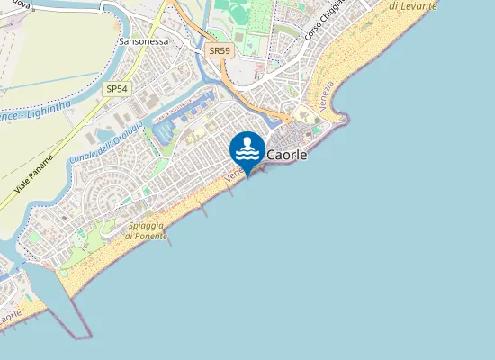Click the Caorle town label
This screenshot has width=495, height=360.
pyautogui.click(x=287, y=155)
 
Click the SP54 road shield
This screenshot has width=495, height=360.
pyautogui.click(x=116, y=88)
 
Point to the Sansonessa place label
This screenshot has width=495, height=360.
pyautogui.click(x=144, y=41)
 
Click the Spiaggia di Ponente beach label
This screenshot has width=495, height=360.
pyautogui.click(x=146, y=229)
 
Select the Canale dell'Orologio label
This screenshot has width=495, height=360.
pyautogui.click(x=104, y=140)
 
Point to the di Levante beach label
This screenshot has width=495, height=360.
pyautogui.click(x=413, y=5)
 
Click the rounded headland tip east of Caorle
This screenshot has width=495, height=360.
pyautogui.click(x=342, y=116)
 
